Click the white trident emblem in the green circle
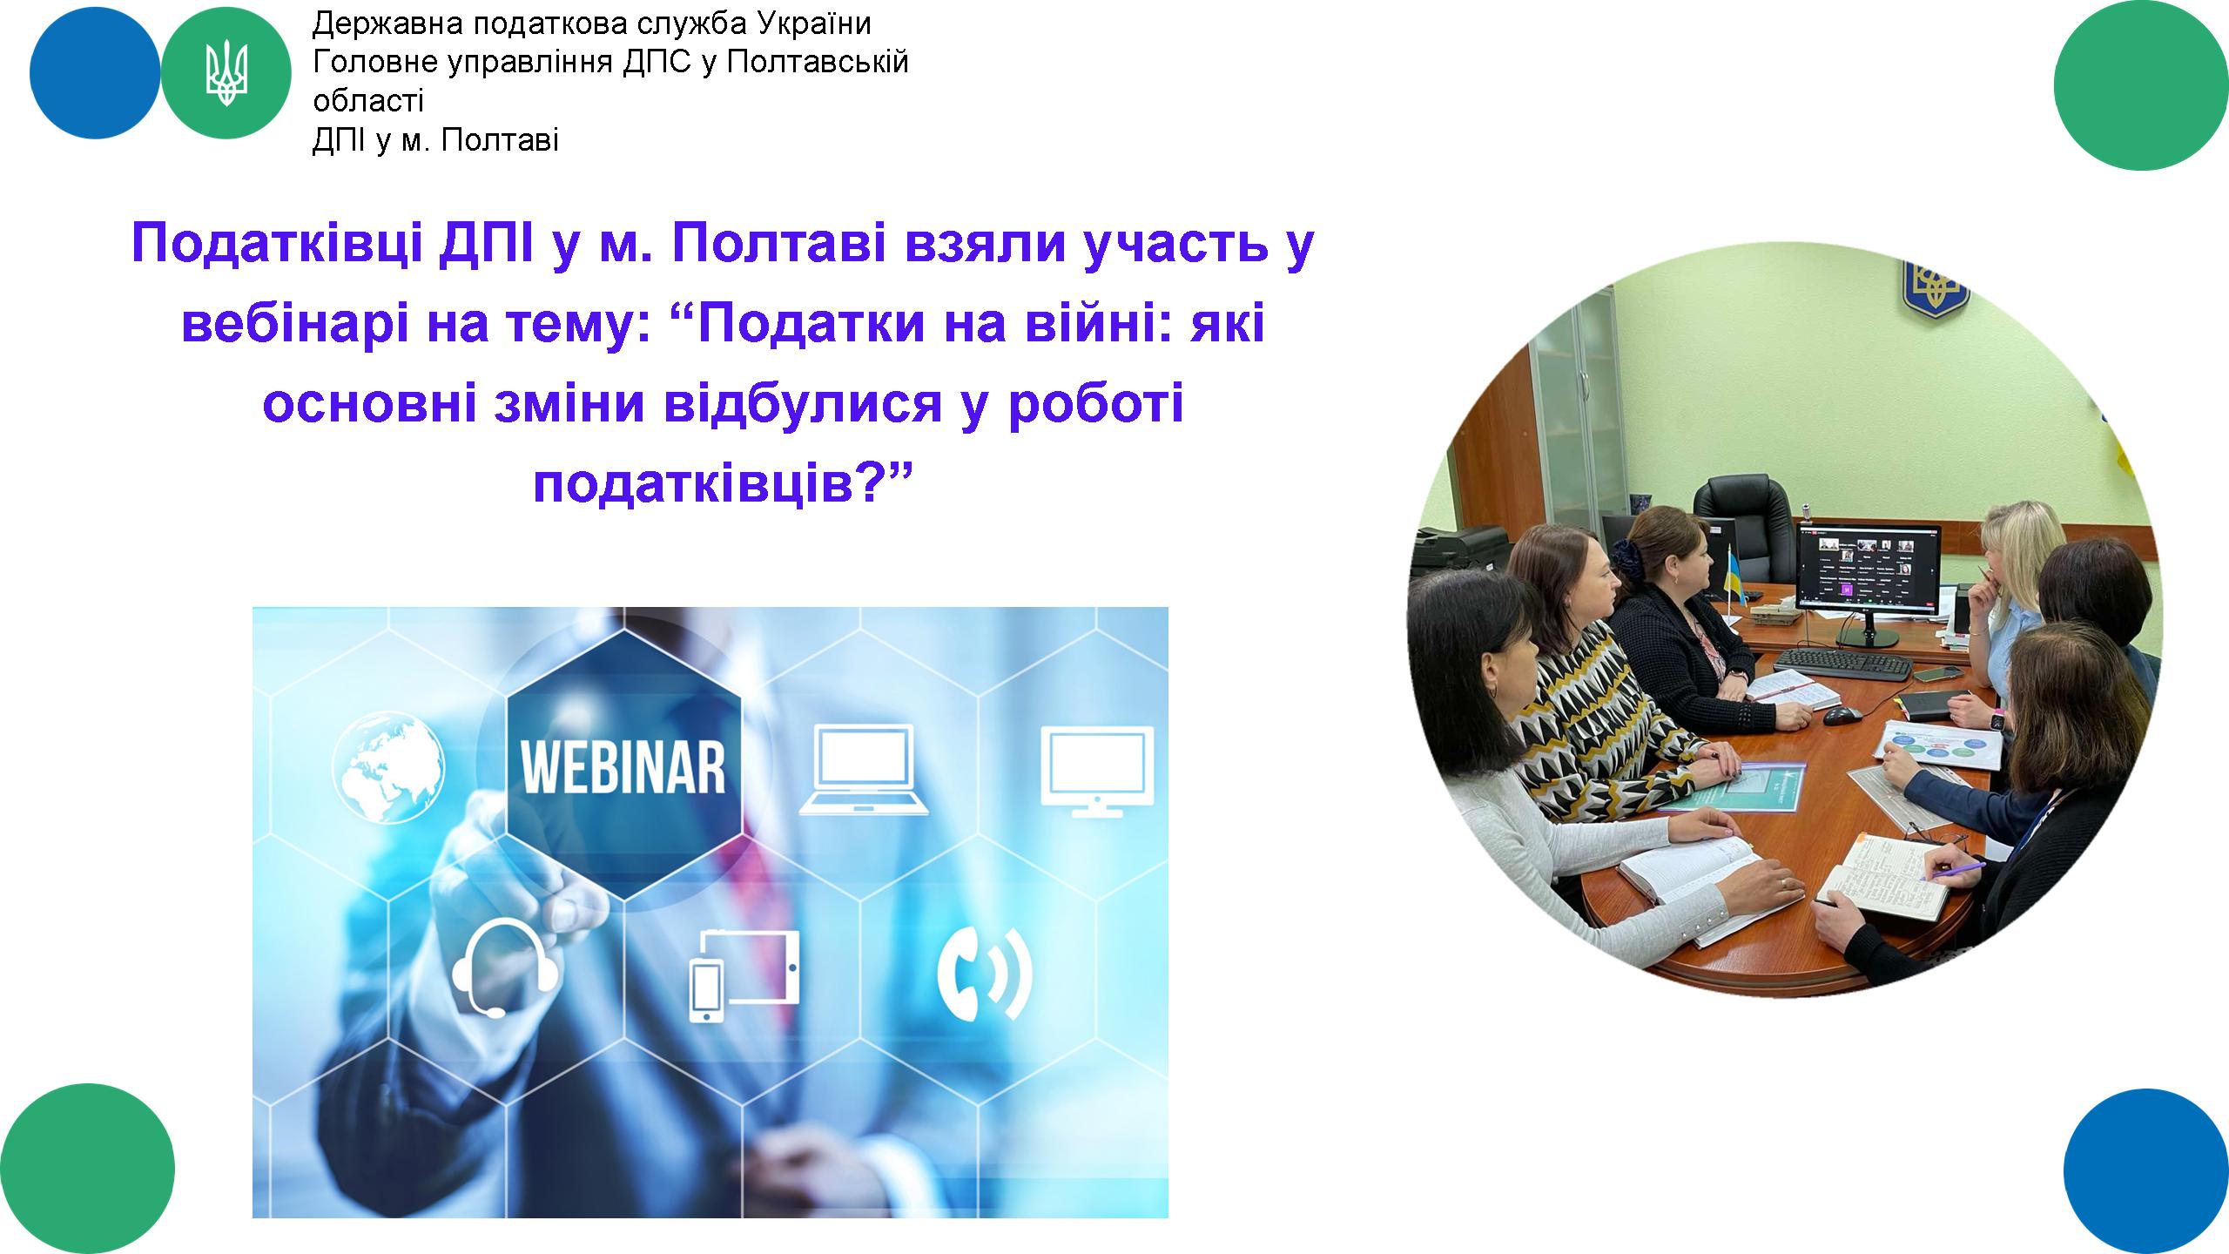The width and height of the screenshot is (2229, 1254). click(x=226, y=75)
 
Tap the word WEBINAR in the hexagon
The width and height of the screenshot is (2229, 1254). click(x=623, y=765)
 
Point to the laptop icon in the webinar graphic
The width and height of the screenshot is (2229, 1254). click(x=864, y=769)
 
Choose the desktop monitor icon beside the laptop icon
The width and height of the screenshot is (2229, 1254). click(x=1097, y=771)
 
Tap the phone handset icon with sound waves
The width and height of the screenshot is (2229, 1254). click(x=985, y=973)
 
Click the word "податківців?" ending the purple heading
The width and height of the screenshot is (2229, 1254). click(x=722, y=484)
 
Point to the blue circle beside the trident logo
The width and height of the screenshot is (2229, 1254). click(x=95, y=74)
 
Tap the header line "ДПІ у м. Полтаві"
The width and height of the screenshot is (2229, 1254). click(x=435, y=140)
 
